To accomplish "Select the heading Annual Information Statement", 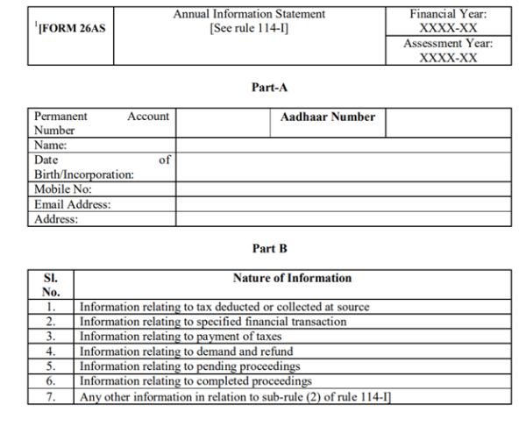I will click(249, 14).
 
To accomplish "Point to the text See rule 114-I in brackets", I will click(249, 29).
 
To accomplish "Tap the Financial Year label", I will click(448, 14).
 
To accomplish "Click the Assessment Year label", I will click(448, 43).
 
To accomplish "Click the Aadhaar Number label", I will click(328, 117).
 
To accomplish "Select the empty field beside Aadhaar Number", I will click(448, 123).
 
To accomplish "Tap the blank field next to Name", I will click(343, 146).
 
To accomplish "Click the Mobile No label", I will click(63, 189).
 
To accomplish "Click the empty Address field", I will click(343, 219).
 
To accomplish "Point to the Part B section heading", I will click(269, 249).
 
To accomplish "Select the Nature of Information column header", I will click(292, 278).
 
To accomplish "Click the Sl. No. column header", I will click(51, 285).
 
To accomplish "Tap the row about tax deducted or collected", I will click(224, 308).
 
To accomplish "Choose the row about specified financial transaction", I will click(213, 322).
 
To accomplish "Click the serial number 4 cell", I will click(51, 351).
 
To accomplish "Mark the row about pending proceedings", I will click(190, 366).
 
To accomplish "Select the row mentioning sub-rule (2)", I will click(235, 396).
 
